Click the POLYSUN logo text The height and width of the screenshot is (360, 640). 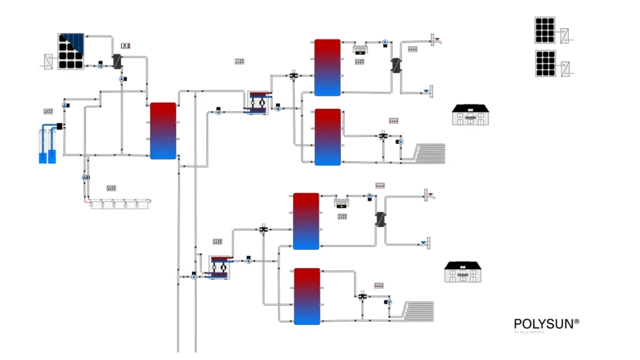coord(546,324)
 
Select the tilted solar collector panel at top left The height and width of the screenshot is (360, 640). coord(71,51)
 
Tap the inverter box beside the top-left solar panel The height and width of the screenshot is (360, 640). coord(48,61)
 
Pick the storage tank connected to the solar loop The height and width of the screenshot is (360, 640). coord(163,131)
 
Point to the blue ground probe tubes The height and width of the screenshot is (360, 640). coord(47,145)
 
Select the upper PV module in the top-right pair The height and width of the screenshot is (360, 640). coord(545,30)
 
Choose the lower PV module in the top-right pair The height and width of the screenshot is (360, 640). coord(545,64)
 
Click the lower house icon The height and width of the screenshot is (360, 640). coord(463,272)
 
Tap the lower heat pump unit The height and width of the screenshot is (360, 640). coord(219,266)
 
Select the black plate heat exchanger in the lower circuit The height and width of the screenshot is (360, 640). coord(379,220)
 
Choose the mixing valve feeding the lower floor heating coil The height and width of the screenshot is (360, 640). coord(363,296)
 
